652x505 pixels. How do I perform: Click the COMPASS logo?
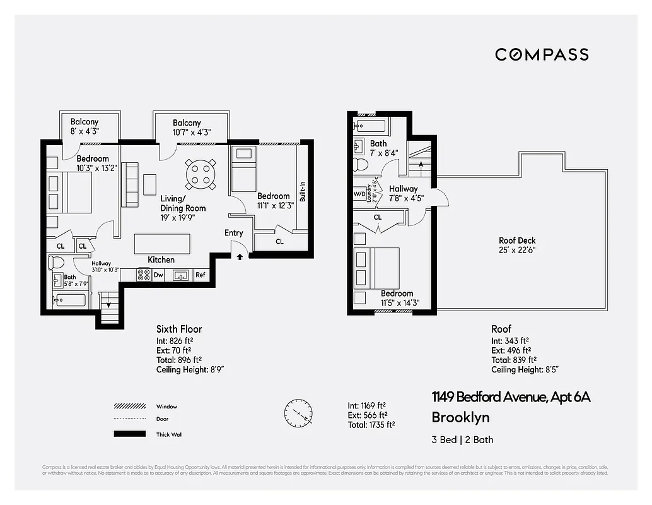542,54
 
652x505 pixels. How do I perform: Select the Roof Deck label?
517,245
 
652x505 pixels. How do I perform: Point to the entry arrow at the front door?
239,256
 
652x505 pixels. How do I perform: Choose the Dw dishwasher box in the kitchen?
158,275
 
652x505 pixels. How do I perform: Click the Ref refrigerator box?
200,275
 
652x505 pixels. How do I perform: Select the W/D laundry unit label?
359,194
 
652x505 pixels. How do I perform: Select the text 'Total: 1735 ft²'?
371,425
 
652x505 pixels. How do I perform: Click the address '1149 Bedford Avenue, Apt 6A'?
511,397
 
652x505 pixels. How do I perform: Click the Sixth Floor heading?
179,329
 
